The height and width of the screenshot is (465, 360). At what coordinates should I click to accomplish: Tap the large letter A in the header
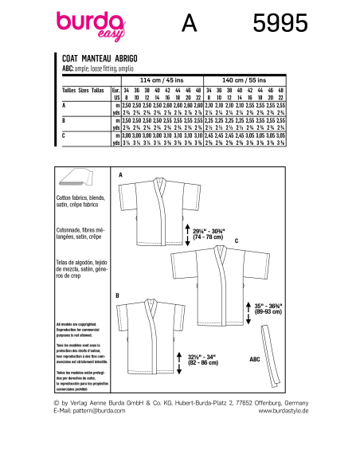(x=189, y=26)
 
